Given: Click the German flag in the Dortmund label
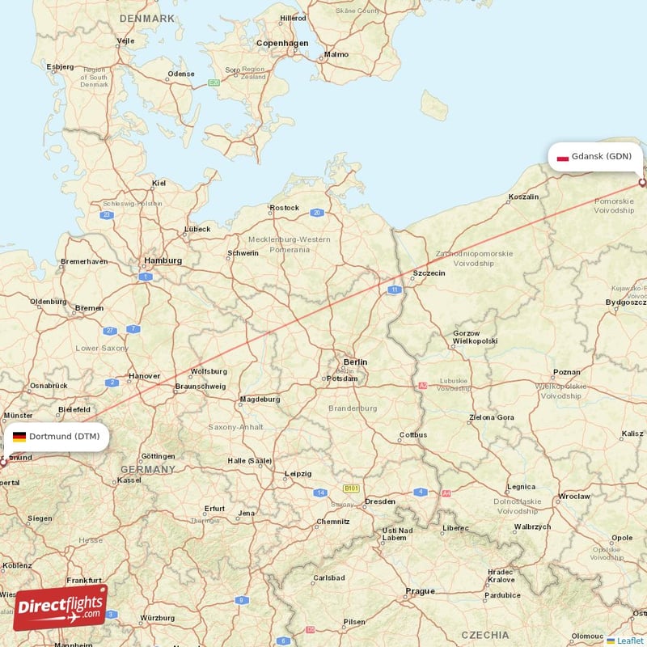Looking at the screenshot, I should [19, 437].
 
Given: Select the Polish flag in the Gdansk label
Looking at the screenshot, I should [562, 156].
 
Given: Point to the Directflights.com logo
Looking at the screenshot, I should [60, 607].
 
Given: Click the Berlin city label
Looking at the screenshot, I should [355, 362].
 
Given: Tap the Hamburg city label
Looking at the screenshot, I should [163, 260].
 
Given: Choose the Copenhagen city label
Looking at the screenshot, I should [282, 43].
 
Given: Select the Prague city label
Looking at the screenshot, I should [421, 591].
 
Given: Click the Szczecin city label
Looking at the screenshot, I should [429, 273].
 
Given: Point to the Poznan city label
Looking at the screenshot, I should [566, 373].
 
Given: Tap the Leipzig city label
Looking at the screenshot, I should [298, 474].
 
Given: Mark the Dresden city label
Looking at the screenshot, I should [380, 501].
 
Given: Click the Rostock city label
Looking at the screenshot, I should [285, 208].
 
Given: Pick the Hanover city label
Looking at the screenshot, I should [144, 376].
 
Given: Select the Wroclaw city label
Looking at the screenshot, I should [574, 496].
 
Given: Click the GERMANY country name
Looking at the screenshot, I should [148, 469].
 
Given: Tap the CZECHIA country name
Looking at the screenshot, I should [485, 635].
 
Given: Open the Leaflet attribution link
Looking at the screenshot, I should [630, 641].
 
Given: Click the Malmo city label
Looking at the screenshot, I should [336, 55].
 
